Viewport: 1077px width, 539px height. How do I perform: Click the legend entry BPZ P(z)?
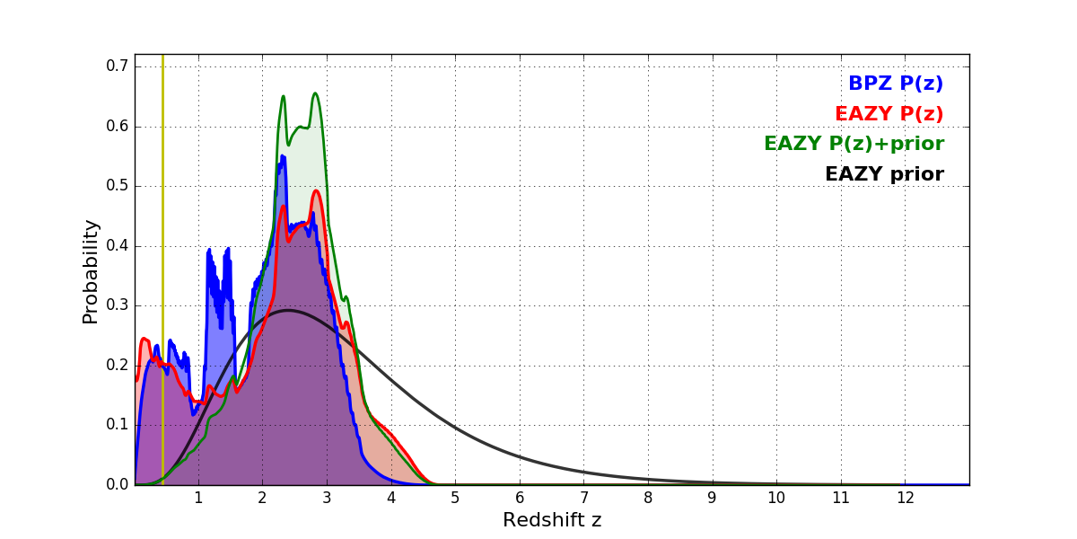pos(895,84)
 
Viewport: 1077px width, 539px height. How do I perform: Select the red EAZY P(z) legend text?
pos(889,114)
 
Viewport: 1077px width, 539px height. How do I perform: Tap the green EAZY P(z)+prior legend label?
pos(854,144)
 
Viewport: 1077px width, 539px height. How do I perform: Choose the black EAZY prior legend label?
pos(884,174)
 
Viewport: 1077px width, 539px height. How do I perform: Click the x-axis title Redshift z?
pos(552,520)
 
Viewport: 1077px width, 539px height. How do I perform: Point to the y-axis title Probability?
pos(91,270)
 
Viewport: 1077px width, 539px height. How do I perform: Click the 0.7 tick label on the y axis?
pos(118,66)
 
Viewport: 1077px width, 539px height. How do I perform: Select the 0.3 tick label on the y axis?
pos(118,305)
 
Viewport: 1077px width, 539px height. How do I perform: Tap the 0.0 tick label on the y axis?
pos(118,485)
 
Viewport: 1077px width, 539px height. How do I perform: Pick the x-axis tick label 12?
pos(905,499)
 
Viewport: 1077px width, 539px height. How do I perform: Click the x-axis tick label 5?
pos(455,499)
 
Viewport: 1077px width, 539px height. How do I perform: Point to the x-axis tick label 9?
pos(712,499)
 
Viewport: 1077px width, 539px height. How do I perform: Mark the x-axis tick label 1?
pos(198,499)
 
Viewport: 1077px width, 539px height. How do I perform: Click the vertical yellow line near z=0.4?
pos(162,269)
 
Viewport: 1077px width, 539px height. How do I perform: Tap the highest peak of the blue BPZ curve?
pos(282,156)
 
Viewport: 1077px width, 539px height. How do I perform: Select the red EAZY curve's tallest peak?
pos(316,190)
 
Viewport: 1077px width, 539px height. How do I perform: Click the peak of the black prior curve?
pos(288,311)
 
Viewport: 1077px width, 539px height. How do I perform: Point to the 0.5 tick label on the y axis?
pos(118,186)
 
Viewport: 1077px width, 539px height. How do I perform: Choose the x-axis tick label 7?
pos(583,499)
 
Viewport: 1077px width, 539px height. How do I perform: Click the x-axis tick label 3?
pos(327,499)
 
